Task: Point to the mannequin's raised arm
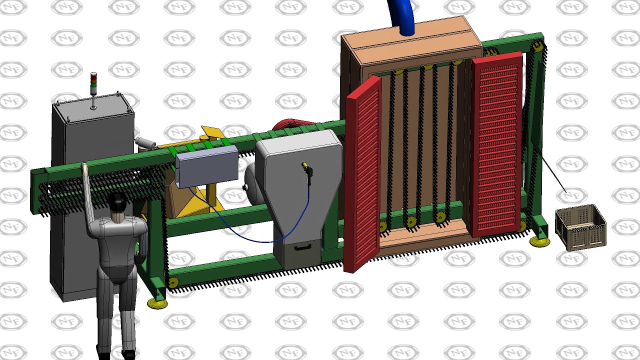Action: point(89,197)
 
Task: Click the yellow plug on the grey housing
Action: point(307,169)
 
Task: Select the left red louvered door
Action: point(362,174)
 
